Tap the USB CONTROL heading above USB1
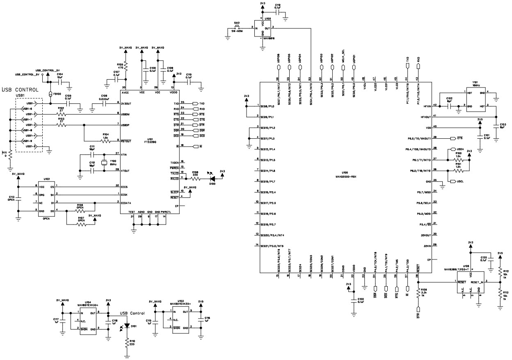point(21,89)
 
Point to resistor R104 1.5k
point(105,141)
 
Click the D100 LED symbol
point(213,179)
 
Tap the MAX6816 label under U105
point(269,39)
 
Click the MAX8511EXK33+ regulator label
point(88,305)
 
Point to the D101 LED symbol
point(127,326)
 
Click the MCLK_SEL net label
point(343,55)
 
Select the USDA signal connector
point(457,149)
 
